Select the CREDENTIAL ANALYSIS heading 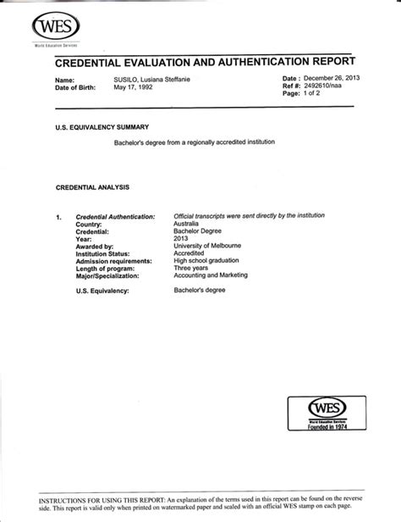(x=92, y=186)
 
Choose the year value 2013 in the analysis (x=181, y=239)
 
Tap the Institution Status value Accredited (x=189, y=253)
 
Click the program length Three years (x=191, y=268)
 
